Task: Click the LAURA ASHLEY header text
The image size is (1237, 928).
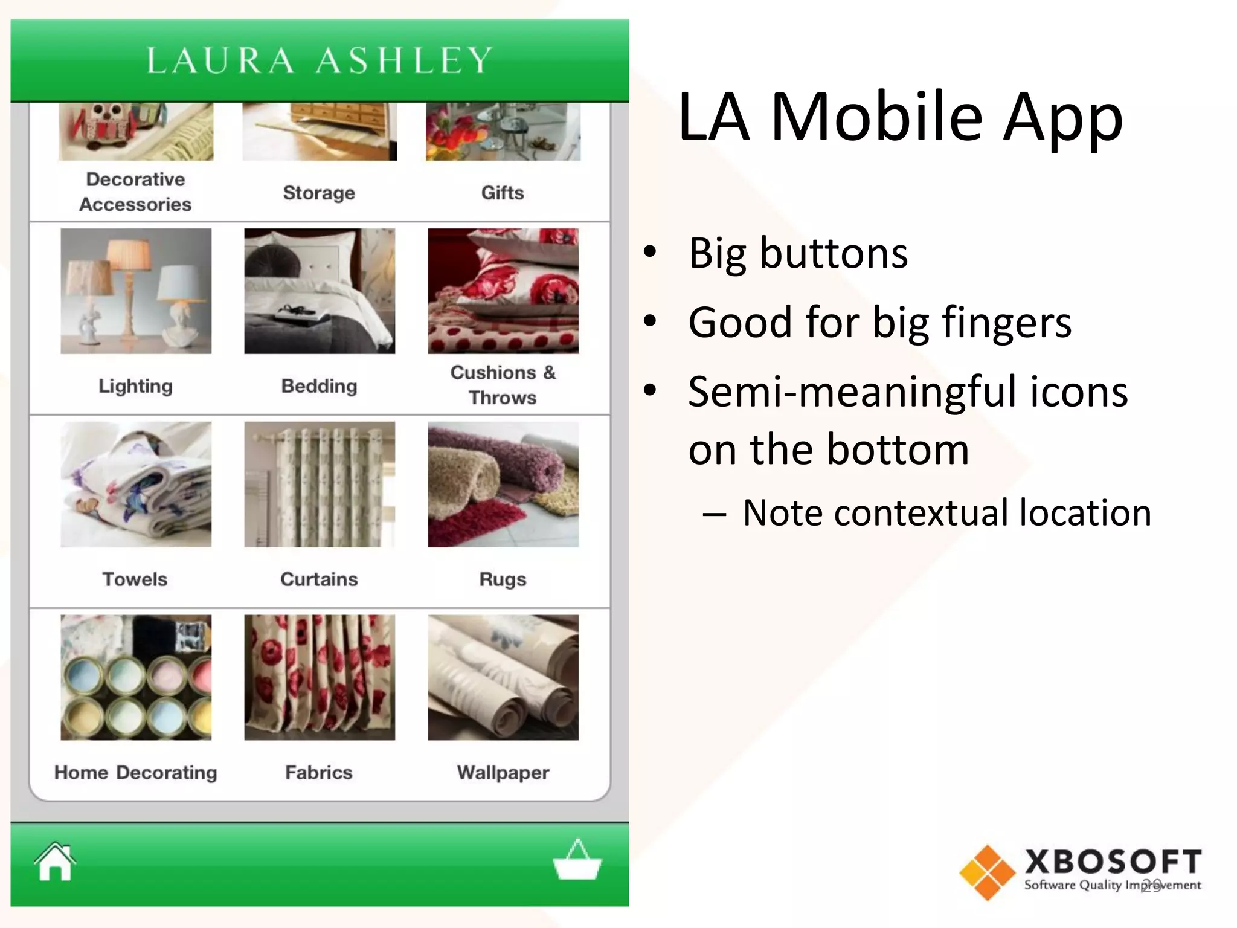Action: pyautogui.click(x=320, y=60)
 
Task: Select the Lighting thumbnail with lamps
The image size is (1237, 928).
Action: pyautogui.click(x=136, y=291)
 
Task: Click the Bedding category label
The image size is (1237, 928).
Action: pyautogui.click(x=319, y=386)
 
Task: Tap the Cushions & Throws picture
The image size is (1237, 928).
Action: pyautogui.click(x=503, y=291)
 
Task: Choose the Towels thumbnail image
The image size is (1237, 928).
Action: pyautogui.click(x=136, y=484)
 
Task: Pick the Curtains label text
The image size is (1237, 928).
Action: pyautogui.click(x=319, y=579)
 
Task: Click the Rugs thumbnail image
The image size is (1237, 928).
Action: pyautogui.click(x=503, y=484)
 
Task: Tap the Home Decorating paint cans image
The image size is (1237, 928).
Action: pyautogui.click(x=136, y=677)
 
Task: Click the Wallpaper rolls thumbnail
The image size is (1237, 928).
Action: pyautogui.click(x=503, y=677)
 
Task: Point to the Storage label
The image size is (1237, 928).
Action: pyautogui.click(x=319, y=193)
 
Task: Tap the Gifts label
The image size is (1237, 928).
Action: pyautogui.click(x=503, y=193)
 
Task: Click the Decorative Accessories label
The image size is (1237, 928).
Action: pyautogui.click(x=135, y=192)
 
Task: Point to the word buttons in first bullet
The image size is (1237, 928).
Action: pyautogui.click(x=834, y=253)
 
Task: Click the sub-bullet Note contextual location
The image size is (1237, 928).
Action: pyautogui.click(x=946, y=513)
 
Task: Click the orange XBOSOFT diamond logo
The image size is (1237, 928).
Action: pyautogui.click(x=987, y=872)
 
